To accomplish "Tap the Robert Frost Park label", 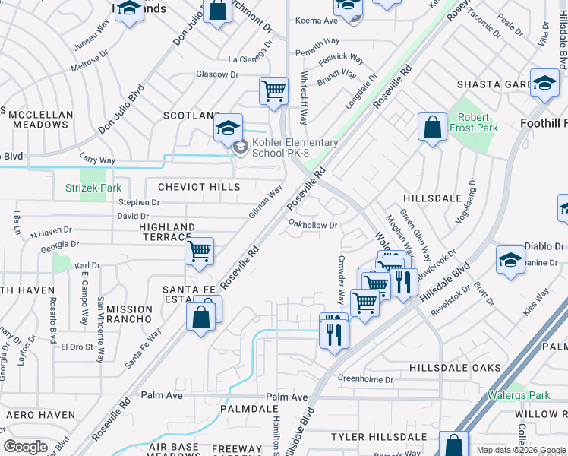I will pyautogui.click(x=478, y=123).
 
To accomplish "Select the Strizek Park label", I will pyautogui.click(x=93, y=187).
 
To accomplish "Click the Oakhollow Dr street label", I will pyautogui.click(x=313, y=225).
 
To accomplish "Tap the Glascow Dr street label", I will pyautogui.click(x=217, y=74).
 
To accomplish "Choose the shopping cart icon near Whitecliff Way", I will pyautogui.click(x=273, y=90).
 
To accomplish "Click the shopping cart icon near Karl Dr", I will pyautogui.click(x=199, y=250).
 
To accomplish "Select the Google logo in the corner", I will pyautogui.click(x=26, y=447).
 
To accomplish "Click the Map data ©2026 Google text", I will pyautogui.click(x=521, y=450).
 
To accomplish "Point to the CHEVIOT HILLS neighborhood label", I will pyautogui.click(x=199, y=187).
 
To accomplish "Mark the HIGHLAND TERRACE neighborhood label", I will pyautogui.click(x=167, y=233).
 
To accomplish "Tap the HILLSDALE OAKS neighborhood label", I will pyautogui.click(x=455, y=368).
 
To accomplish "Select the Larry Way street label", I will pyautogui.click(x=97, y=160).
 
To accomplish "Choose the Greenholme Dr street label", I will pyautogui.click(x=365, y=378).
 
